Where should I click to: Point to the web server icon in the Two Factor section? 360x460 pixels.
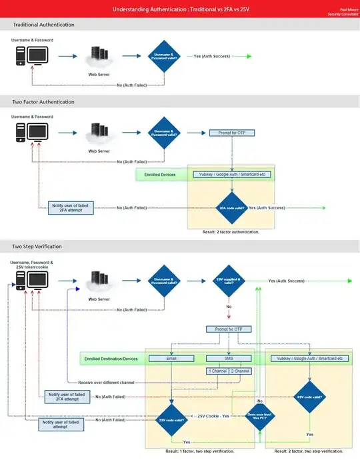tap(99, 134)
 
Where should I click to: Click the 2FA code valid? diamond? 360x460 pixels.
tap(231, 208)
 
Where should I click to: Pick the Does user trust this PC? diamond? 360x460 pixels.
tap(257, 419)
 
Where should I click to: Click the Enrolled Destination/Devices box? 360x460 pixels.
tap(111, 359)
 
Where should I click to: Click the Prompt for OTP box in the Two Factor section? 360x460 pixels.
tap(231, 133)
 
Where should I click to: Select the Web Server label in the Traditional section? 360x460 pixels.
tap(99, 75)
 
